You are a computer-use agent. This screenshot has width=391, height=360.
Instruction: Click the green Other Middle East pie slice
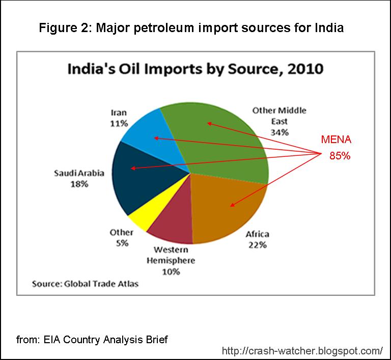click(219, 137)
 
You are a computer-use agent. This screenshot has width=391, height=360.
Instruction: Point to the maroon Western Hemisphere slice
click(171, 224)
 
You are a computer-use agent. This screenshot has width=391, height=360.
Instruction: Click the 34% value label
click(280, 132)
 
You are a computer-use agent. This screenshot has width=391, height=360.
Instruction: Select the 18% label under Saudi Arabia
click(79, 184)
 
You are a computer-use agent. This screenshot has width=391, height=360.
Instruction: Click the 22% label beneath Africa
click(257, 245)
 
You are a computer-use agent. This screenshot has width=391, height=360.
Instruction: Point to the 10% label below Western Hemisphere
click(171, 271)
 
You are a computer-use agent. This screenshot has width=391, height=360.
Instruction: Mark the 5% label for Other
click(122, 243)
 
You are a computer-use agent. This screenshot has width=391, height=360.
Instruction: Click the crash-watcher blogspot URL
click(302, 350)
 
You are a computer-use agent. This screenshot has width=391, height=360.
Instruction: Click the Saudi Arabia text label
click(79, 173)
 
